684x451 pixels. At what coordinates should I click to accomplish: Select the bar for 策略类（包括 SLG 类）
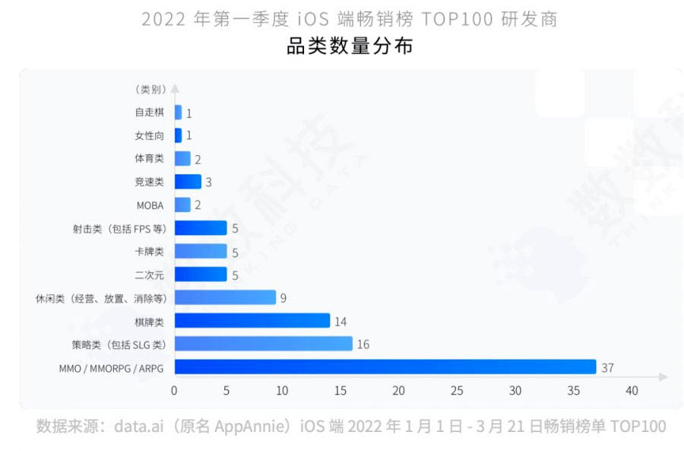[264, 344]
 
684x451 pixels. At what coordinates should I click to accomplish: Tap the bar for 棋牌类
[252, 320]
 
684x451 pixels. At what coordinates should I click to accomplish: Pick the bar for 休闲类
[225, 297]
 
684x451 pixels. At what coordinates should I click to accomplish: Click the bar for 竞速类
[188, 182]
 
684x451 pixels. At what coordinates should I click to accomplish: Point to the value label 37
[606, 368]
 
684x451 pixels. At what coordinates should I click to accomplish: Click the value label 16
[363, 345]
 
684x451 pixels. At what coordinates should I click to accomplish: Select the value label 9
[283, 298]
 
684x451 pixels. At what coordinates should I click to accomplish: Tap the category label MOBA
[150, 205]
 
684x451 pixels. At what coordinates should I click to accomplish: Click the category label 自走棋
[149, 113]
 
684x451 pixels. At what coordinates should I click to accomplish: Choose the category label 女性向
[149, 135]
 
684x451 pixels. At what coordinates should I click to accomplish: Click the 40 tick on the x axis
[632, 390]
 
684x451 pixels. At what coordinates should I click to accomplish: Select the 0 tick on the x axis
[174, 390]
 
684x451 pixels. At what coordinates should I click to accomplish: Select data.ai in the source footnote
[141, 426]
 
